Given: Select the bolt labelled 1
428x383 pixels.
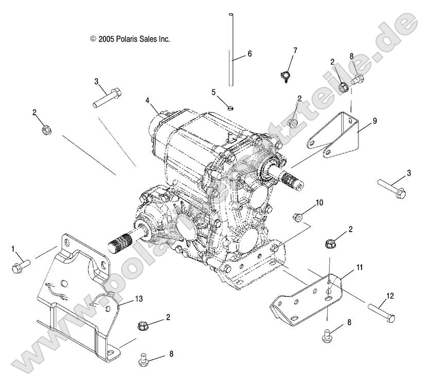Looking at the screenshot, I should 20,266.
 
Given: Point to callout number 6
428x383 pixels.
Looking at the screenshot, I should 249,54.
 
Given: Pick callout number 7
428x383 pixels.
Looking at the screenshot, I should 295,50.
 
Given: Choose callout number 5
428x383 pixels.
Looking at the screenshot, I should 213,92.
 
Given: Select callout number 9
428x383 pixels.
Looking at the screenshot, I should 374,121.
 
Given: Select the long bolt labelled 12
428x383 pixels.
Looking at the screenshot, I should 381,310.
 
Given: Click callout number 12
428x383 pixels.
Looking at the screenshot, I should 389,295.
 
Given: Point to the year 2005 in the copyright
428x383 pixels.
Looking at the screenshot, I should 107,39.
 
